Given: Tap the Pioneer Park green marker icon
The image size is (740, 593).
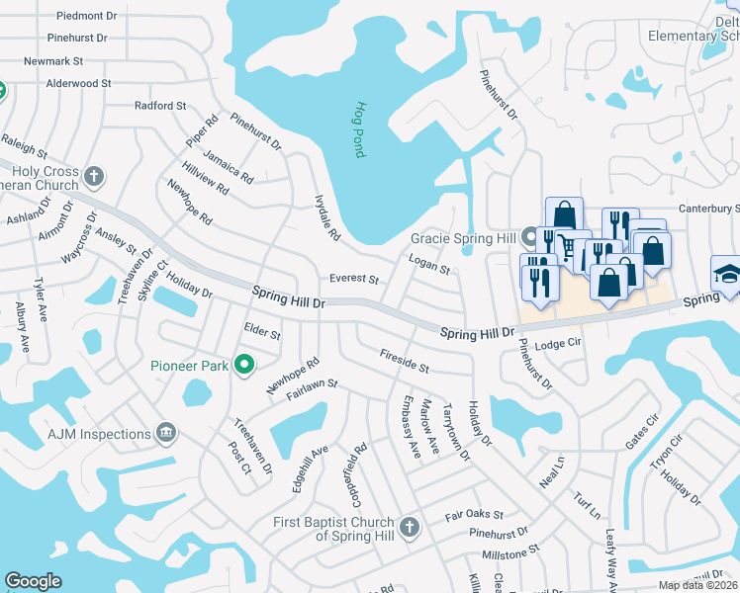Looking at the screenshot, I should click(x=246, y=366).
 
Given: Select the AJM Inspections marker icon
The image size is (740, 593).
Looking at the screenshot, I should click(x=166, y=434).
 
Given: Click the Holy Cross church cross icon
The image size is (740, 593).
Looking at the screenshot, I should click(x=94, y=178).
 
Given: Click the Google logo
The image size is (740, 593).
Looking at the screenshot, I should click(x=33, y=581).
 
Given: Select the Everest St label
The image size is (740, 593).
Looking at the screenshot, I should click(x=354, y=280).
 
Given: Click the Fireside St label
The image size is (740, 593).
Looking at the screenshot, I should click(x=404, y=361).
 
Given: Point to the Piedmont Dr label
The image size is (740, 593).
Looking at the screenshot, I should click(x=87, y=17).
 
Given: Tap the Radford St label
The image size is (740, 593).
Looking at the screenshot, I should click(x=160, y=106).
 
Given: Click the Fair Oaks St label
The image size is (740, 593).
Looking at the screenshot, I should click(x=474, y=515).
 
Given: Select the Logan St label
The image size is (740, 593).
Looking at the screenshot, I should click(x=428, y=262).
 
